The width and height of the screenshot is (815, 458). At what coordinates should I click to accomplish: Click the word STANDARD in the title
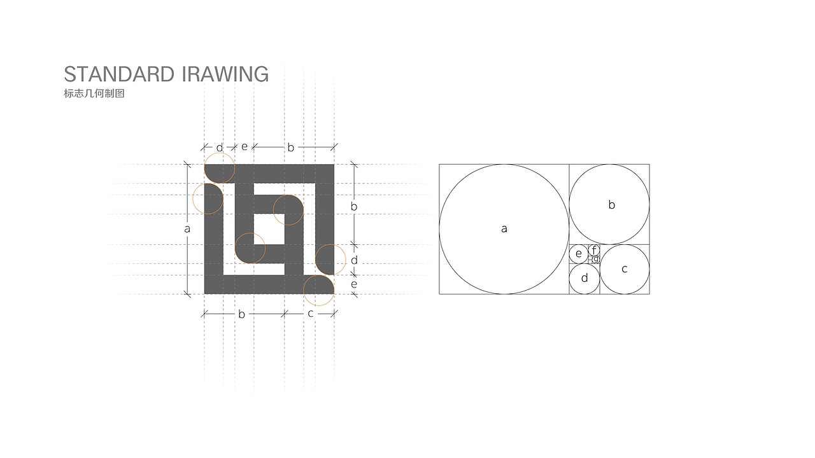pos(119,74)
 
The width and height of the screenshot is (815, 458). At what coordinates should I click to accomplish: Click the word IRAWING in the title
pos(225,74)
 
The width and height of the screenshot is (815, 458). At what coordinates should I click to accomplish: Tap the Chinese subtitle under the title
pos(94,94)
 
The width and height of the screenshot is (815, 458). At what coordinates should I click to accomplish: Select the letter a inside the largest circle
pos(504,229)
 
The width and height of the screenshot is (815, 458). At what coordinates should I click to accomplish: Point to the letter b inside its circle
pos(612,205)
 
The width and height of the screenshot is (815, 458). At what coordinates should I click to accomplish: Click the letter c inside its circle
pos(625,269)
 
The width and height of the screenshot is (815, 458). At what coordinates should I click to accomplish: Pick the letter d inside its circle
pos(585,278)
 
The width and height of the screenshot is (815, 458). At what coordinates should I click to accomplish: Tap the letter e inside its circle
pos(579,254)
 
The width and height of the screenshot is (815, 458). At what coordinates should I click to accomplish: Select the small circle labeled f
pos(594,250)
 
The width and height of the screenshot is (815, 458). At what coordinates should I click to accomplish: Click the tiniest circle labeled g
pos(596,260)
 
